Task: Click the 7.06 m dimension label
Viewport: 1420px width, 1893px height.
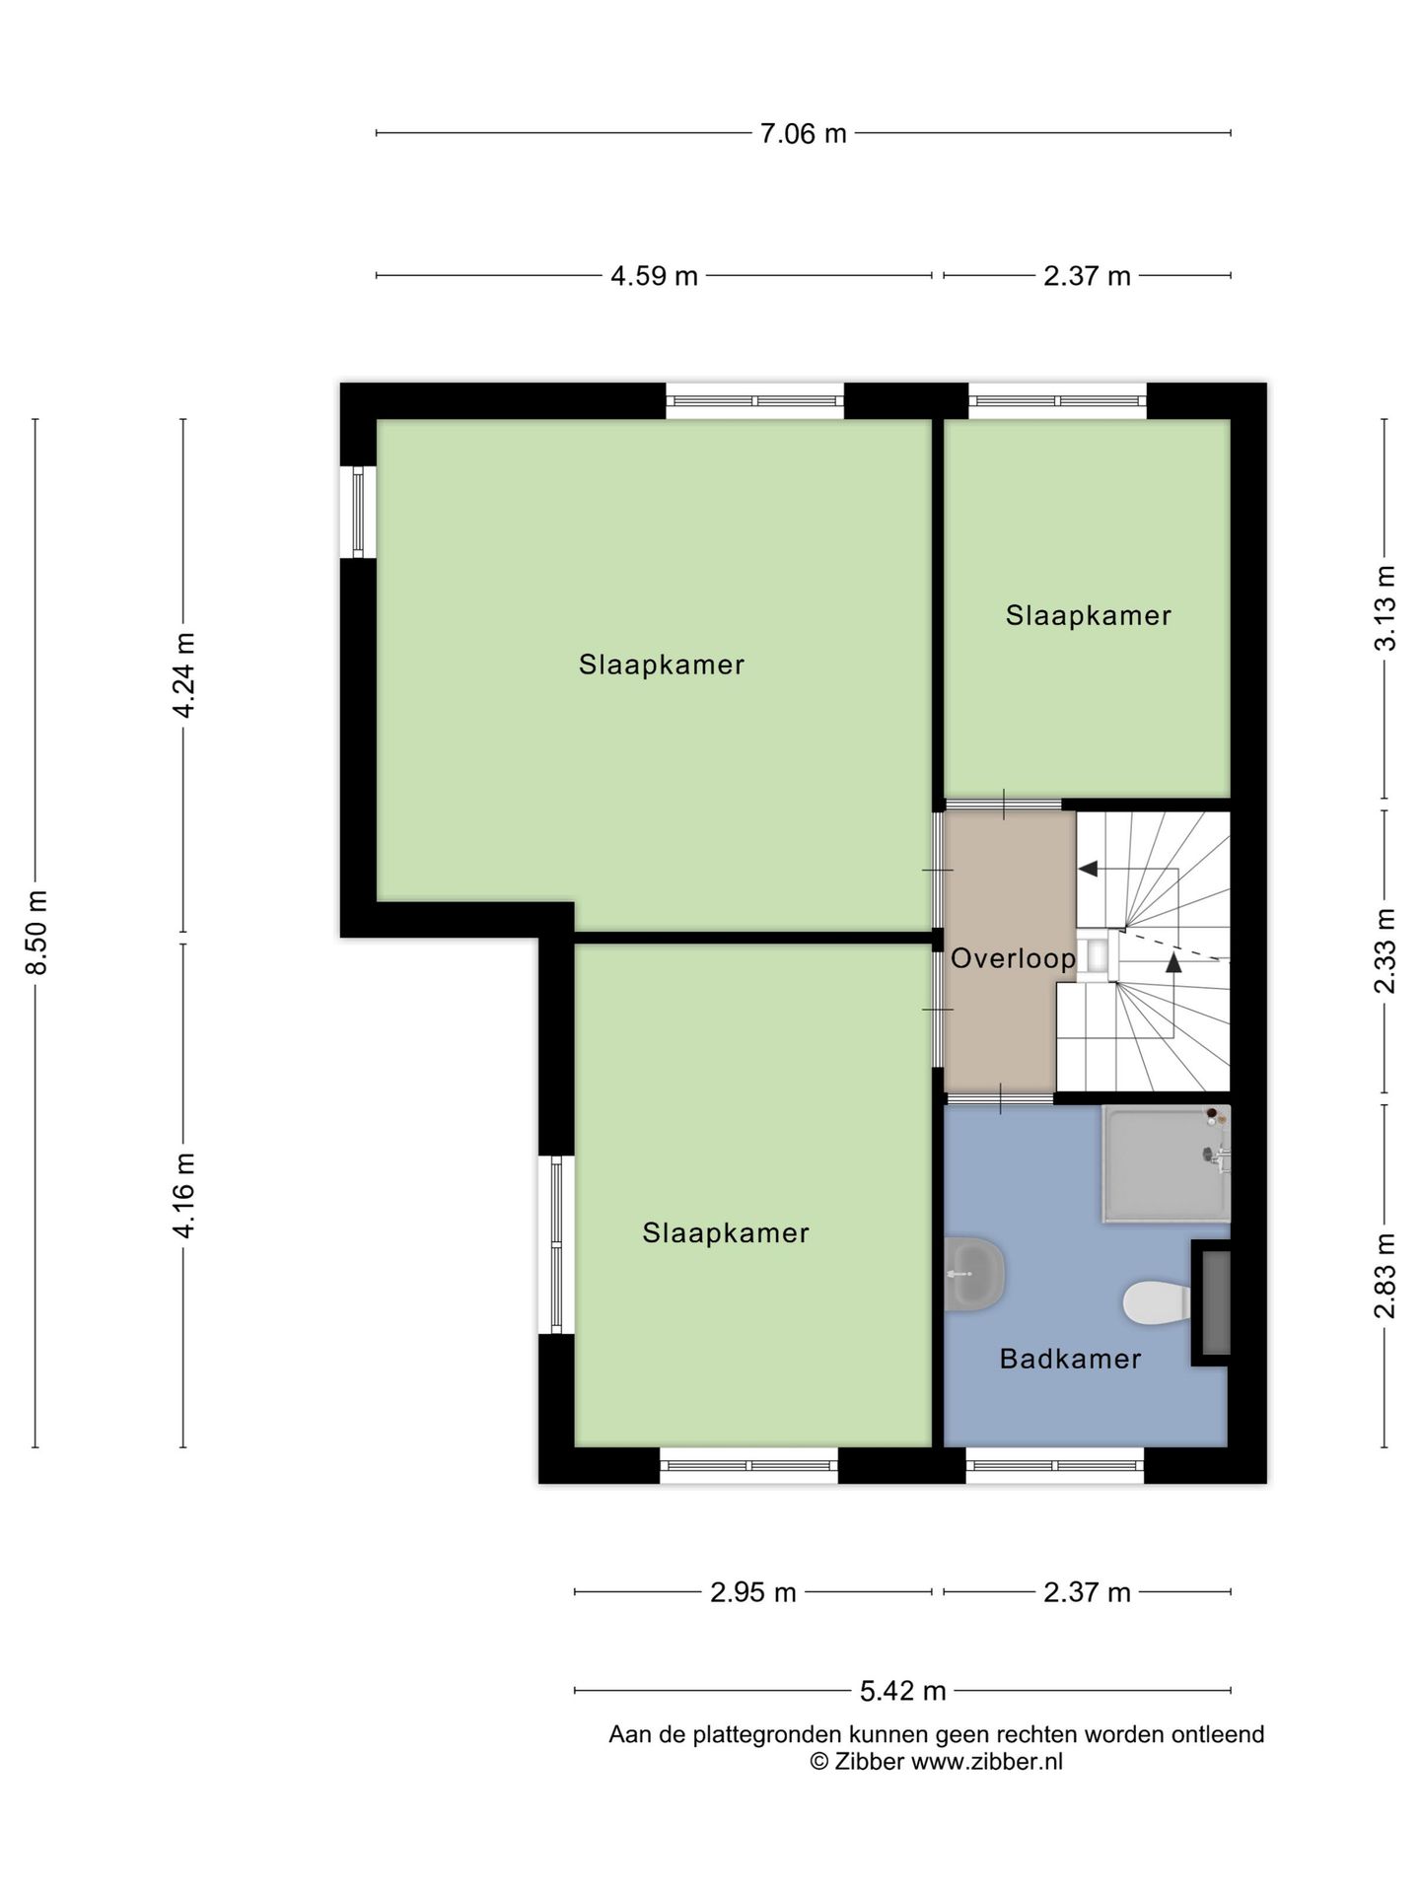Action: [803, 133]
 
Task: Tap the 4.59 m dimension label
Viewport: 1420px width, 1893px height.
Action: [654, 276]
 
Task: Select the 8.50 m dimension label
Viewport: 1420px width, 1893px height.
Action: [36, 932]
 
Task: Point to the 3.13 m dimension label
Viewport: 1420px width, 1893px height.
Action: [1385, 607]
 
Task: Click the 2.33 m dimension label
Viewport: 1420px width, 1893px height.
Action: [1385, 950]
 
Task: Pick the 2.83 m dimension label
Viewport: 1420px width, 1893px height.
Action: [1385, 1275]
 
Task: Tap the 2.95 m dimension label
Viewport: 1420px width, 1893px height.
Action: [753, 1592]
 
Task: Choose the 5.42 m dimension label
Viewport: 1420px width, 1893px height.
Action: [903, 1691]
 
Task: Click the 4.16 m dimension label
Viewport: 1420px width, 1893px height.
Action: [183, 1195]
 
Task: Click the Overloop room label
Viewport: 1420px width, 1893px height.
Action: [1013, 958]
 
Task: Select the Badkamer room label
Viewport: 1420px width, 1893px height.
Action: [1070, 1359]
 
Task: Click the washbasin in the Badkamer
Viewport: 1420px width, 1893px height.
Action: [974, 1274]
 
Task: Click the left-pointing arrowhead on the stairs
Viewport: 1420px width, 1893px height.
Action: [1088, 869]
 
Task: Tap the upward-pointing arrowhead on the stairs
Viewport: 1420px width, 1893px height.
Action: [1173, 963]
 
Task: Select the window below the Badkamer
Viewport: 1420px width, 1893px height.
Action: [1055, 1465]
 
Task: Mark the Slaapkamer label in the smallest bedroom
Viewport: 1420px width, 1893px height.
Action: [1089, 616]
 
